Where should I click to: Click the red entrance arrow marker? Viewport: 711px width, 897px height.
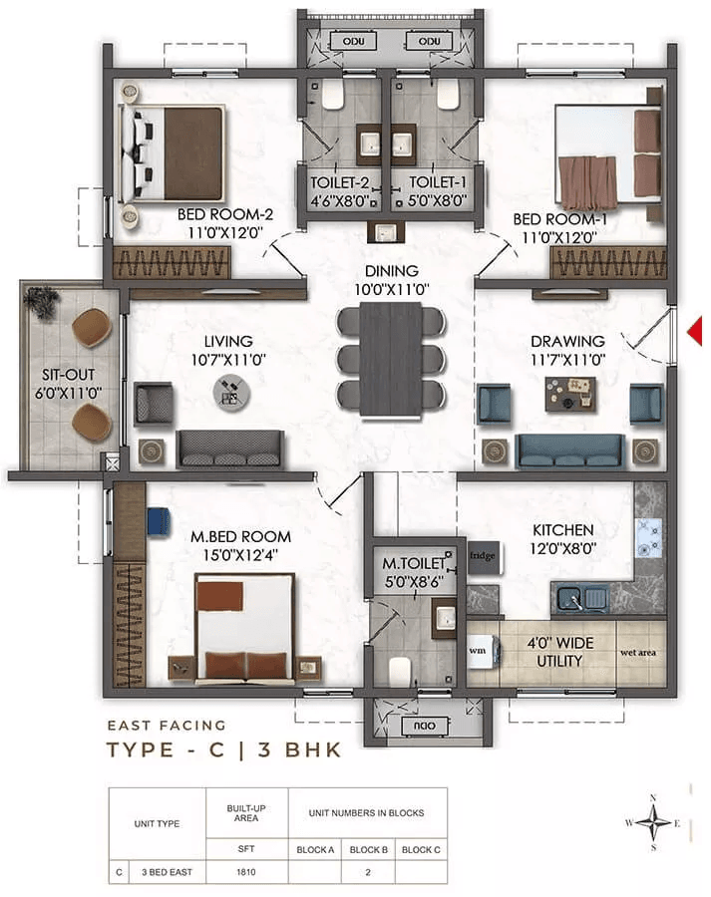click(x=695, y=331)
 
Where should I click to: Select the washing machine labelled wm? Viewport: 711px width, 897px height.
click(x=482, y=651)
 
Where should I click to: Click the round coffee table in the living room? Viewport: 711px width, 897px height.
click(x=231, y=394)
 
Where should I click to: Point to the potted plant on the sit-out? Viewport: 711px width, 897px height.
click(x=41, y=301)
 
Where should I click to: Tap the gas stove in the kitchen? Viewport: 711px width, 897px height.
click(x=649, y=538)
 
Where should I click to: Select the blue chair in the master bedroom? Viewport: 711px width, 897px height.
click(x=159, y=521)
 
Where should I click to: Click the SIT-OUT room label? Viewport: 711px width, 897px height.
click(x=68, y=375)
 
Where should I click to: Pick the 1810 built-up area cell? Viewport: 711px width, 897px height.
click(x=246, y=872)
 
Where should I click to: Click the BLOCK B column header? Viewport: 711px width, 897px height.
click(x=369, y=849)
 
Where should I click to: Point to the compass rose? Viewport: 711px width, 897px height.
click(x=653, y=822)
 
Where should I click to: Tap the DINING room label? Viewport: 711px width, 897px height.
click(x=392, y=271)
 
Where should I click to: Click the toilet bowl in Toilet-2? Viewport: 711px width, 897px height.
click(x=333, y=94)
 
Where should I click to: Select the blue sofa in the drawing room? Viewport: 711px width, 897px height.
click(x=570, y=451)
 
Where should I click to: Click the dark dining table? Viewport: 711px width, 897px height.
click(x=392, y=359)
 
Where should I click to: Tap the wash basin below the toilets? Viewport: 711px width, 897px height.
click(x=386, y=232)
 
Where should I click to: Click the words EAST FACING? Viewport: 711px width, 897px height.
click(x=167, y=726)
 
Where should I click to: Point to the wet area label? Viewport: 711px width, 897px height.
click(x=638, y=652)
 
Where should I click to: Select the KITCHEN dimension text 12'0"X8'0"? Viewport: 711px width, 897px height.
click(x=562, y=548)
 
